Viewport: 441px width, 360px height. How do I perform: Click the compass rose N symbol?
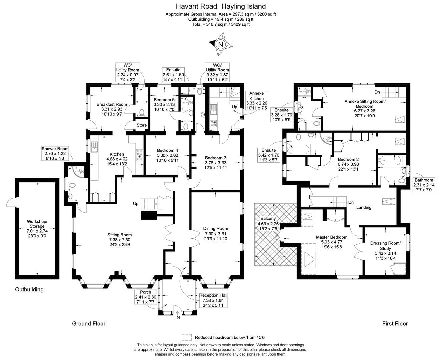tap(220, 44)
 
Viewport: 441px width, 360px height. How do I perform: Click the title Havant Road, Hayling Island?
tap(220, 6)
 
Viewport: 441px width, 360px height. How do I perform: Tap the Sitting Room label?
tap(119, 240)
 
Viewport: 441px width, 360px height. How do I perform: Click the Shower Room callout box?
tap(55, 154)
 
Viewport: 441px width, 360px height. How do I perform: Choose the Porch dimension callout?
tap(145, 297)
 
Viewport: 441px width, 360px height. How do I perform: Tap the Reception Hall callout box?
tap(213, 300)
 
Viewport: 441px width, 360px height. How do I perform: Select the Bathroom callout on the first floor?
tap(424, 185)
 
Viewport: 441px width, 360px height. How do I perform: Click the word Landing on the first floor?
tap(364, 207)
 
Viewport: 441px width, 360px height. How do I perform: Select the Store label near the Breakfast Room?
tap(141, 125)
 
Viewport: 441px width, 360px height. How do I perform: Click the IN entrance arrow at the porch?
tap(177, 314)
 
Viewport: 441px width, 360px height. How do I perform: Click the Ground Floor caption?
tap(89, 323)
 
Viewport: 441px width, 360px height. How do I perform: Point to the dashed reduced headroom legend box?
tap(186, 337)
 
